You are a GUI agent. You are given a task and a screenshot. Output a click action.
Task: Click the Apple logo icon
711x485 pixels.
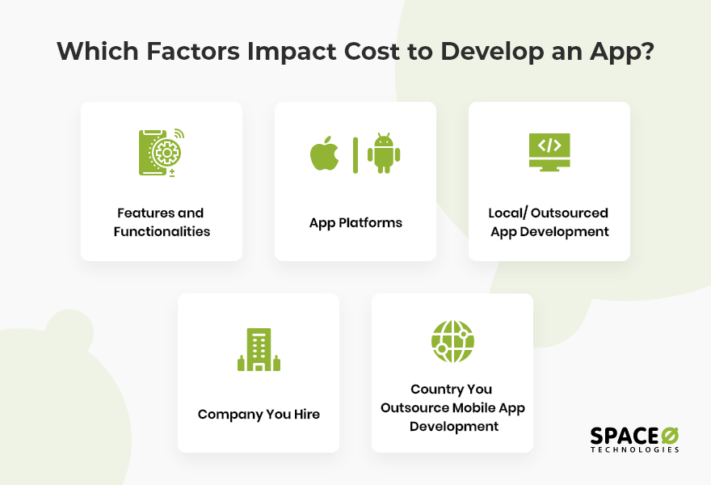point(325,154)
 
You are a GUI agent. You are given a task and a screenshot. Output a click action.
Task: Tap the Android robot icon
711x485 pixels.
point(384,153)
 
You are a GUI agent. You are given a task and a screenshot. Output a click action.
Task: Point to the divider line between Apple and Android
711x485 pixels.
point(355,154)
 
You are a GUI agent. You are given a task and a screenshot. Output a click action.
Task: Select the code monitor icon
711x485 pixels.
point(549,151)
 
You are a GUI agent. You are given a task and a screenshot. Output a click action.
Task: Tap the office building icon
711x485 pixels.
point(259,350)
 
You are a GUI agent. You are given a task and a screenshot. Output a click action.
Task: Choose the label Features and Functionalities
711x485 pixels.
point(161,222)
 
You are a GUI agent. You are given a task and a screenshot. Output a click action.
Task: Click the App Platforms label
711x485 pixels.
point(355,222)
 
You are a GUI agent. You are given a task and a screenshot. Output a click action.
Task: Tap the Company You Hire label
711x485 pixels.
point(259,415)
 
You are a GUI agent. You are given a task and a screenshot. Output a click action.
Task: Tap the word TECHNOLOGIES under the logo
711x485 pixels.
point(634,449)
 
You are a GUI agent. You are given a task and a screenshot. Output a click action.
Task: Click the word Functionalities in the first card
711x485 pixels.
point(161,232)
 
